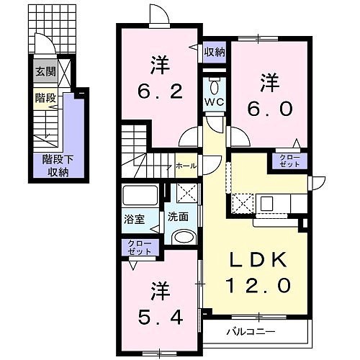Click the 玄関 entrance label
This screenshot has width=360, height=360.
tap(45, 71)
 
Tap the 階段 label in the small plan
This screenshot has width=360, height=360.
tap(45, 98)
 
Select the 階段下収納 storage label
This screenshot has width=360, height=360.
tap(58, 166)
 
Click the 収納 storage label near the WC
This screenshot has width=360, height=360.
tap(215, 52)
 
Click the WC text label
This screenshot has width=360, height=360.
tap(215, 102)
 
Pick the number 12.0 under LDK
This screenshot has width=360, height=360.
tap(259, 285)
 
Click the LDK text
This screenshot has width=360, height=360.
tap(258, 259)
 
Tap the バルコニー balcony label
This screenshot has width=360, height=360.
tap(251, 332)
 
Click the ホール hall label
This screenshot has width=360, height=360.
tap(186, 166)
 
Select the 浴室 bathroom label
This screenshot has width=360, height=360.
tap(134, 219)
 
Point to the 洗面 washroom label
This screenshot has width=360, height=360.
tap(178, 217)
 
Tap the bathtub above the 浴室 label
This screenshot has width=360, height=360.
tap(140, 195)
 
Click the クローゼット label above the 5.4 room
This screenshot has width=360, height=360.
tap(140, 248)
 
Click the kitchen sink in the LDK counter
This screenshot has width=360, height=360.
tap(267, 204)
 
